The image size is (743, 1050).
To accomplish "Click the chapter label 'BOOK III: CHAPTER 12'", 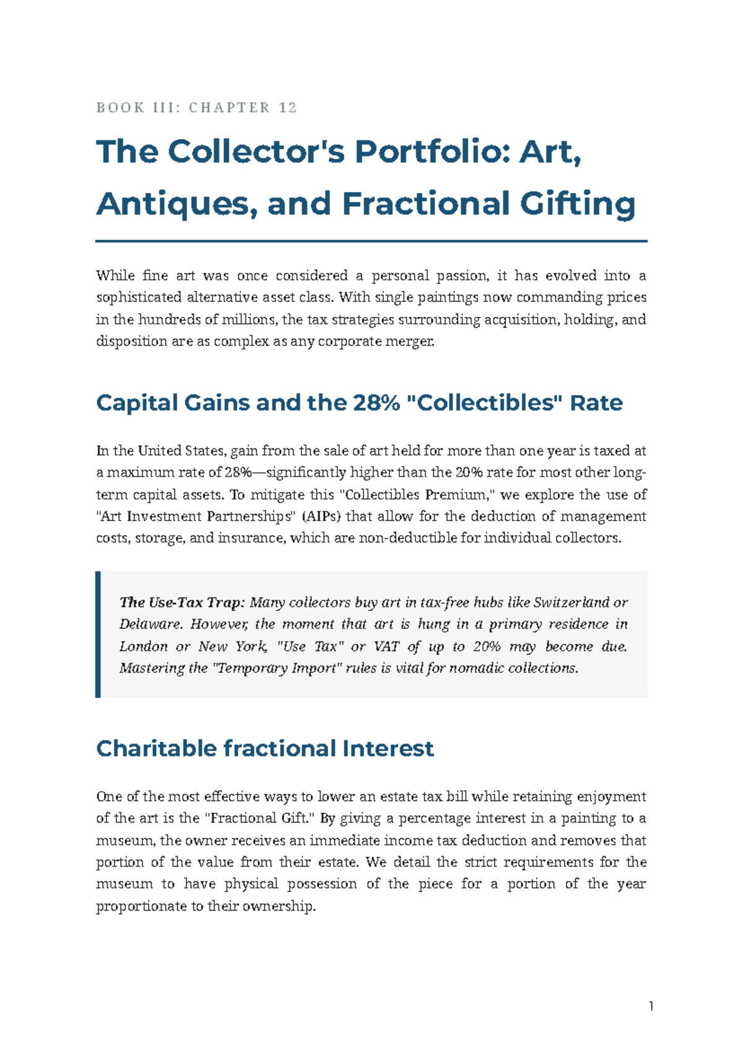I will [x=197, y=108].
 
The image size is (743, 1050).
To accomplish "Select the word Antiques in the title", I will [x=177, y=204].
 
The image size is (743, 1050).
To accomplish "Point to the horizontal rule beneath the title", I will [x=371, y=241].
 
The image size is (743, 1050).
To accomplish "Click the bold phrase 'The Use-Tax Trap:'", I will [x=183, y=602].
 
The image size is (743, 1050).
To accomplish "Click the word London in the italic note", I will [x=144, y=646].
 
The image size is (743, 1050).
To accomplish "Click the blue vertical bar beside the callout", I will [x=98, y=635].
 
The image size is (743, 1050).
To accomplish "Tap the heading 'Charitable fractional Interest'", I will [x=265, y=748].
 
